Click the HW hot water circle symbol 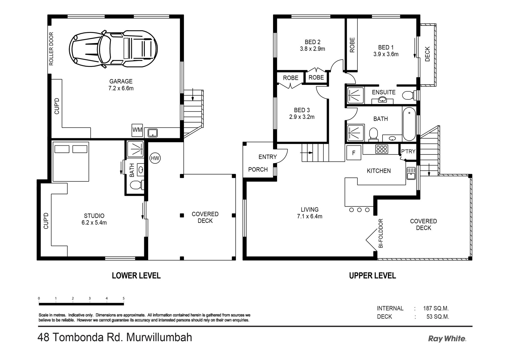click(x=155, y=158)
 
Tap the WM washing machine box click(x=137, y=130)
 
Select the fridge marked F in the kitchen click(x=354, y=153)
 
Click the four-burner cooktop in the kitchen click(x=381, y=149)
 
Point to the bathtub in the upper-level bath click(x=409, y=124)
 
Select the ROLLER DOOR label click(x=51, y=49)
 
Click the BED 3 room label click(x=302, y=110)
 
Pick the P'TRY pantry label click(x=408, y=151)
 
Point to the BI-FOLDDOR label click(x=381, y=233)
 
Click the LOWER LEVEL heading click(x=136, y=276)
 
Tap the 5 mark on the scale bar click(x=124, y=298)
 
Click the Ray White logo click(x=447, y=339)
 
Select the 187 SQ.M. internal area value click(x=436, y=309)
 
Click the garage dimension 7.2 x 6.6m click(x=121, y=88)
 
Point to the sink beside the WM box click(x=153, y=133)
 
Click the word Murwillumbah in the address click(x=159, y=338)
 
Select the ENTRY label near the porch click(x=267, y=157)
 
